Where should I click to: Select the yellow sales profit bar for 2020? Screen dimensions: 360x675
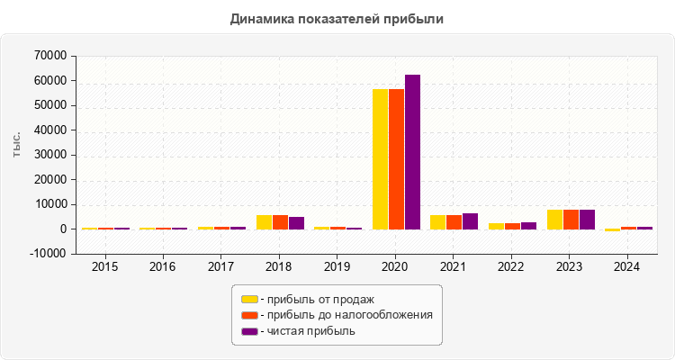(x=381, y=158)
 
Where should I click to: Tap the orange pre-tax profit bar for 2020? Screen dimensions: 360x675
(x=396, y=158)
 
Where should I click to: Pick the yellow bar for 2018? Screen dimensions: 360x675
(x=264, y=222)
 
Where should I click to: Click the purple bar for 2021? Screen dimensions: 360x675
(x=470, y=221)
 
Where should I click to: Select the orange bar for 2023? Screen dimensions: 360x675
(x=571, y=220)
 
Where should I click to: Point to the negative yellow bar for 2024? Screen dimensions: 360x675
(x=613, y=230)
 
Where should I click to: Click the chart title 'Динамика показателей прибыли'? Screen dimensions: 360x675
(x=337, y=18)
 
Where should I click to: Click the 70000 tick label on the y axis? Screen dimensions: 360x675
(x=49, y=56)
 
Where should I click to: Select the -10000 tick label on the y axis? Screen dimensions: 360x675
(x=49, y=254)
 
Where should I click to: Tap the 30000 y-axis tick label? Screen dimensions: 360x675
(x=49, y=155)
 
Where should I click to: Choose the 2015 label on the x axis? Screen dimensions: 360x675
(x=104, y=266)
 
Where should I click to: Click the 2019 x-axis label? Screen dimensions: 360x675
(x=337, y=266)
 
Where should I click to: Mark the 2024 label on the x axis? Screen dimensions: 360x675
(x=627, y=266)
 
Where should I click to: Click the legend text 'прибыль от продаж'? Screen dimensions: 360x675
(x=317, y=299)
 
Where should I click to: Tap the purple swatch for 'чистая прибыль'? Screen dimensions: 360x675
(x=249, y=331)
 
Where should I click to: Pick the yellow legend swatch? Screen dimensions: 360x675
(x=249, y=299)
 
